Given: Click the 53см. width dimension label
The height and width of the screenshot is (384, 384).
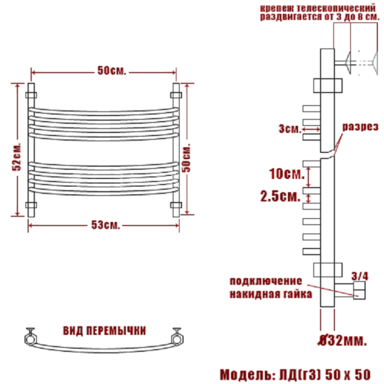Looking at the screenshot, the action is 105,225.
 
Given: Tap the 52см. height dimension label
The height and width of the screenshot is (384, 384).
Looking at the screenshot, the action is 17,157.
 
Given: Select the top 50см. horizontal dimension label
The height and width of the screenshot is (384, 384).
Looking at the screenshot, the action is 112,71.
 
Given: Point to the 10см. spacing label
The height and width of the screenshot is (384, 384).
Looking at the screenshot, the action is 286,174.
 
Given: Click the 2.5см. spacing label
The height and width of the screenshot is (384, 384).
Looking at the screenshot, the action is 280,197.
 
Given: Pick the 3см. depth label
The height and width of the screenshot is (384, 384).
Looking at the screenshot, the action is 290,129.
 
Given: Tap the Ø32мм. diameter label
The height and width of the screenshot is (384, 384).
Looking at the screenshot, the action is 343,341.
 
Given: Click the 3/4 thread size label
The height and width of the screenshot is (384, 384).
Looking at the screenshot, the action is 359,276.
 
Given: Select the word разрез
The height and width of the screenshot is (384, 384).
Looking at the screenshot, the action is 360,127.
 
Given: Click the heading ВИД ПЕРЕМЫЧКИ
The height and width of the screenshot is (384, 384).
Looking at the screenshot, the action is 104,331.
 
